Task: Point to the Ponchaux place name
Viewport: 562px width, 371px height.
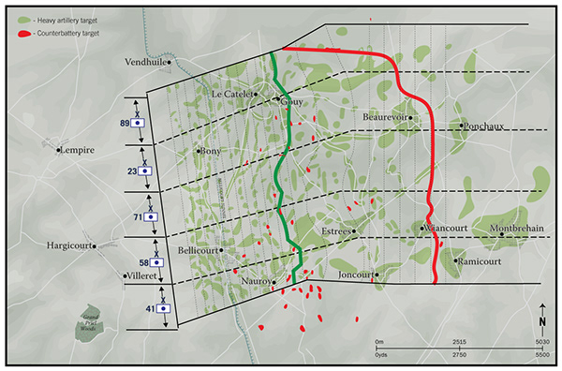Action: coord(486,125)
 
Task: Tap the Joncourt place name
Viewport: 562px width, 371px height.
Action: coord(355,275)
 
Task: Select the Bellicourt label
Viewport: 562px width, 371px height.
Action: coord(197,251)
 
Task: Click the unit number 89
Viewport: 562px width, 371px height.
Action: coord(125,122)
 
